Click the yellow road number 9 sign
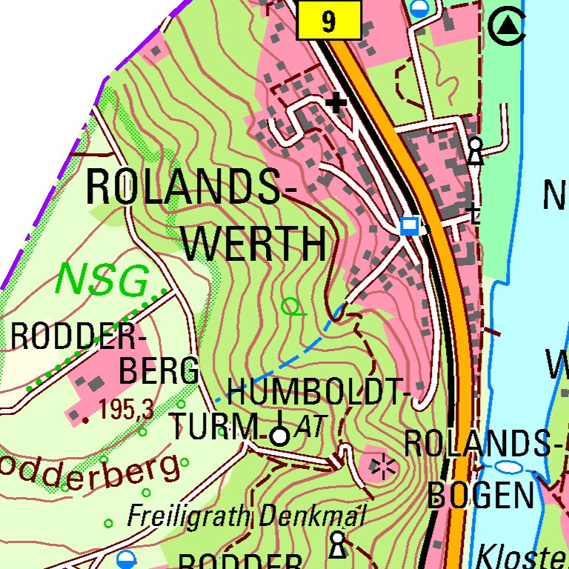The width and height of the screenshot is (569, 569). (328, 21)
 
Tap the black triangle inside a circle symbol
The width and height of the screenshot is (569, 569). (508, 27)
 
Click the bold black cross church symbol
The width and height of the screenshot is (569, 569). (338, 102)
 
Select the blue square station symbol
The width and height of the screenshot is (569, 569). (409, 225)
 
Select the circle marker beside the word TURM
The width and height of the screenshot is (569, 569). (279, 436)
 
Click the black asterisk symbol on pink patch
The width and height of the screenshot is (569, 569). (383, 467)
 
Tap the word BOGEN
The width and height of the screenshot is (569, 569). (481, 494)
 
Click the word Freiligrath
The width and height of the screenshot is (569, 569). (190, 516)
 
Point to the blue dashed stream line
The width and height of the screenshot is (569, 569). (296, 356)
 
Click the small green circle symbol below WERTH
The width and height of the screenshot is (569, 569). (292, 305)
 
